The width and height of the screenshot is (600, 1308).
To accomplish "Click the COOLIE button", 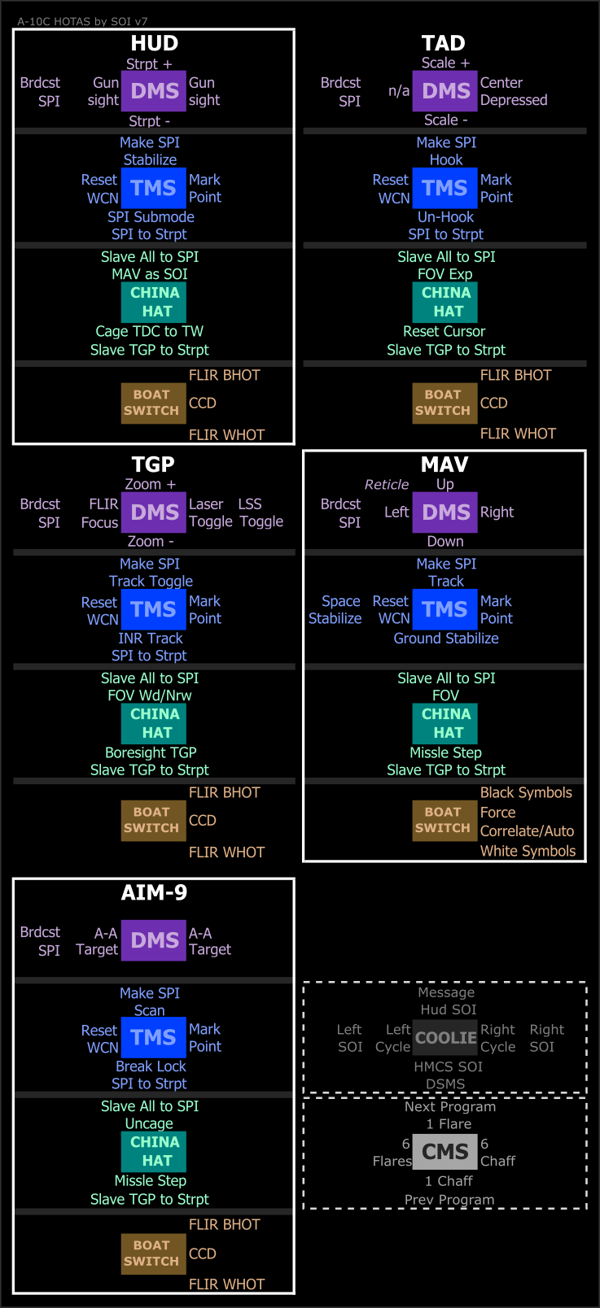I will tap(445, 1037).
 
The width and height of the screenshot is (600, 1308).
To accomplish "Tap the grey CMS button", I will tap(445, 1151).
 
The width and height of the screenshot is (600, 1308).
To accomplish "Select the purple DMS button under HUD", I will tap(154, 91).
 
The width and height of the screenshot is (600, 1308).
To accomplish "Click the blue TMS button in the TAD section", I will tap(445, 188).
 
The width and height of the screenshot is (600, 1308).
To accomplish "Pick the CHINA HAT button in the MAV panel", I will tap(445, 723).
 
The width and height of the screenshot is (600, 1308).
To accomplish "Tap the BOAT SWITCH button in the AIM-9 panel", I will tap(153, 1253).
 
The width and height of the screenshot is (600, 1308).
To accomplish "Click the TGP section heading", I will tap(153, 464).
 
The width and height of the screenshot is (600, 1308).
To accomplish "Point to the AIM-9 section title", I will tap(154, 892).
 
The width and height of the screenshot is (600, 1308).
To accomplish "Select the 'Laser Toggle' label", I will tap(211, 512).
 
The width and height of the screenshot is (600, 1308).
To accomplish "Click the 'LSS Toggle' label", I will tap(261, 512).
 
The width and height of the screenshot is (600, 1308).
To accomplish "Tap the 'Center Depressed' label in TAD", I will tap(514, 91).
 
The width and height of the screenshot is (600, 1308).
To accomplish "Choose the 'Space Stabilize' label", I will tap(335, 609).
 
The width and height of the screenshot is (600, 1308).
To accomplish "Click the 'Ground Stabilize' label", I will tap(446, 639).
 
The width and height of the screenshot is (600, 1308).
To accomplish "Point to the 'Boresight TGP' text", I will tap(151, 752).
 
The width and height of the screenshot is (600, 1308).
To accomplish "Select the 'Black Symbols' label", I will tap(526, 792).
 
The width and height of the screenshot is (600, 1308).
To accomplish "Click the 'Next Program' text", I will tap(449, 1106).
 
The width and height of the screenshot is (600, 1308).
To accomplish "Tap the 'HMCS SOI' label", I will tap(448, 1066).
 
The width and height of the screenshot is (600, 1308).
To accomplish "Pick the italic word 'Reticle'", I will tap(387, 485).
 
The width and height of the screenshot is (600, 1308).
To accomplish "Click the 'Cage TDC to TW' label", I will tap(149, 331).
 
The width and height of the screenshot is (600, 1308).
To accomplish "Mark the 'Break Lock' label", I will tap(151, 1066).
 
